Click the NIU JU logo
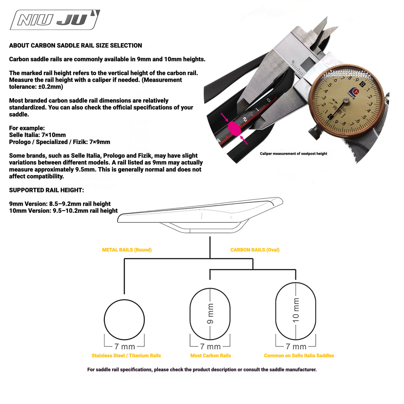(x=55, y=20)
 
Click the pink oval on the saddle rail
(x=234, y=129)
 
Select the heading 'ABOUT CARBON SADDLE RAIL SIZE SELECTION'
(x=75, y=45)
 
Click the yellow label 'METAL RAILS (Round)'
(x=127, y=250)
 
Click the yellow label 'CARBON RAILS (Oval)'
(x=255, y=250)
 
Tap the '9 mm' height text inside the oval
(x=210, y=314)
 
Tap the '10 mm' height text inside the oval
(x=296, y=310)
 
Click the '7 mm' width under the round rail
(x=125, y=347)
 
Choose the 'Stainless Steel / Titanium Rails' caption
(x=126, y=356)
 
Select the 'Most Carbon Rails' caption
(x=210, y=356)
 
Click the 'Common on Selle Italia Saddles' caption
(x=299, y=356)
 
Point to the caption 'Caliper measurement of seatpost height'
(x=294, y=154)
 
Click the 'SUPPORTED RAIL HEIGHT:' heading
(x=46, y=190)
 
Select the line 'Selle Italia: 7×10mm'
(x=37, y=135)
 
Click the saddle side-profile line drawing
(x=200, y=215)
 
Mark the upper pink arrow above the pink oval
(x=225, y=117)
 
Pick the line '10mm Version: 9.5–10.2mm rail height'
(x=63, y=211)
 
